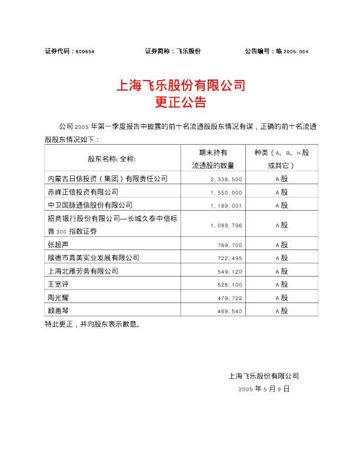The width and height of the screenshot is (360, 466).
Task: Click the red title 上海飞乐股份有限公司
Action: [x=180, y=85]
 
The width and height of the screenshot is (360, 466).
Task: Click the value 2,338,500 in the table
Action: [x=226, y=178]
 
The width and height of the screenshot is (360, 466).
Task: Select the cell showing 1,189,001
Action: [x=226, y=205]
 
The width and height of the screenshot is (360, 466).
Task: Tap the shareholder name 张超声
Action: [x=59, y=244]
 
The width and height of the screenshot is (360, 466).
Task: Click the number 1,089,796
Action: [x=226, y=225]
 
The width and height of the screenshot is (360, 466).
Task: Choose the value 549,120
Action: [x=229, y=272]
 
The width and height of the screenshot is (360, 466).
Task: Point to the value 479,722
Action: [x=229, y=298]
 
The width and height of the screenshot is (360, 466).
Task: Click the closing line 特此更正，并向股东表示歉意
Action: [x=93, y=324]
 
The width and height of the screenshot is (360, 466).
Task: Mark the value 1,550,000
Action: [x=226, y=192]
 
